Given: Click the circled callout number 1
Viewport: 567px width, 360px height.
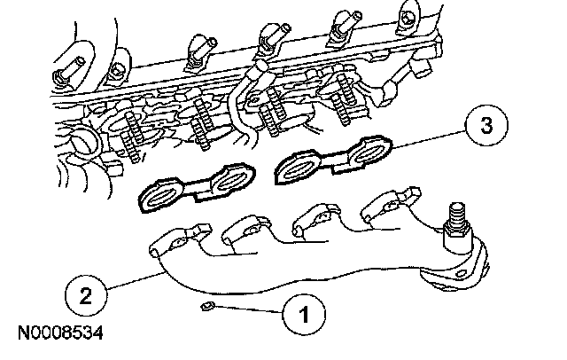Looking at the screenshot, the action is (x=302, y=313).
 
